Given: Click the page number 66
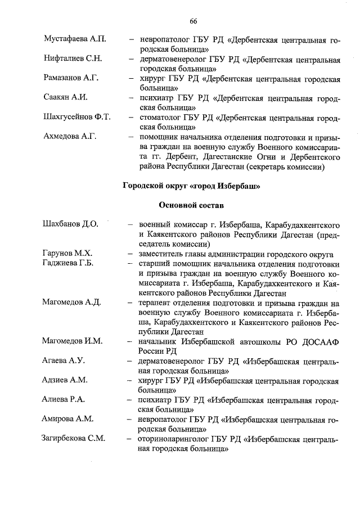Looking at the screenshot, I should tap(193, 21).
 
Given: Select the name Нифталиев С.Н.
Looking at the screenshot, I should tap(73, 59).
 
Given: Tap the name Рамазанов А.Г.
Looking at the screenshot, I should tap(71, 78).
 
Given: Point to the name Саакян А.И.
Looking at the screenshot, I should tap(66, 97).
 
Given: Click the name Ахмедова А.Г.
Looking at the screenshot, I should tap(71, 137).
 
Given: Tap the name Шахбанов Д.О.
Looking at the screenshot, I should tap(70, 224).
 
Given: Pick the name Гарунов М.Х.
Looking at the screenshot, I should tap(67, 254).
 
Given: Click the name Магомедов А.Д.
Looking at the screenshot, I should tap(71, 303).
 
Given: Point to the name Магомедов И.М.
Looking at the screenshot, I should tap(71, 341).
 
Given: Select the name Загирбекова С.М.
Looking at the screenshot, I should tap(74, 439).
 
